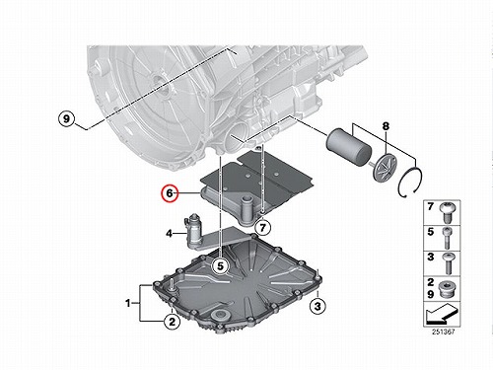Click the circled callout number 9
[66, 118]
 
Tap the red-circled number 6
[170, 193]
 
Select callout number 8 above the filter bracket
[386, 126]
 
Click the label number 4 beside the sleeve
[169, 234]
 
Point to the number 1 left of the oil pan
[128, 303]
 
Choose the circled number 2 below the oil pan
[173, 322]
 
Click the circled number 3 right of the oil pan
[317, 306]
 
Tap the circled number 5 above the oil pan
[220, 265]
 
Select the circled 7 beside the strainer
[262, 227]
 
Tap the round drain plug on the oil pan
[221, 316]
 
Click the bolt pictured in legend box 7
[448, 213]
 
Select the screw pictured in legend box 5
[447, 238]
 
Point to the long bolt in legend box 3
[448, 263]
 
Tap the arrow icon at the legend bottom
[441, 314]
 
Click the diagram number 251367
[443, 332]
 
